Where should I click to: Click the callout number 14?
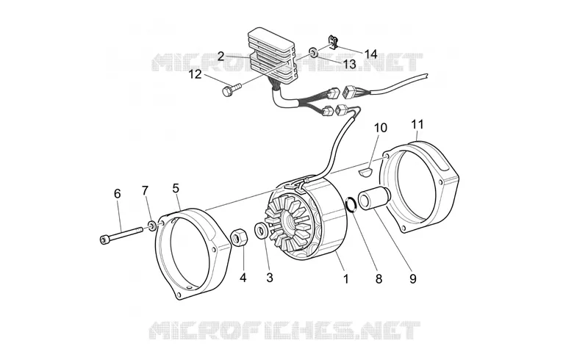(370, 54)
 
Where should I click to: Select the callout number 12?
(195, 74)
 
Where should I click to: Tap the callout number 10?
(380, 128)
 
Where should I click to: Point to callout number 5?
(176, 188)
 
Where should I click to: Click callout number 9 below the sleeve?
(413, 278)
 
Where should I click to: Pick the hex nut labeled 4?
(237, 238)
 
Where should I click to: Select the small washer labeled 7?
(153, 226)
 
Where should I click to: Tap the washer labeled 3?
(261, 231)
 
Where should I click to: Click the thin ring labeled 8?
(351, 205)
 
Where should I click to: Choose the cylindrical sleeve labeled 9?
(374, 198)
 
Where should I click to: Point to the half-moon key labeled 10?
(365, 172)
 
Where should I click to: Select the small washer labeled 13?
(313, 51)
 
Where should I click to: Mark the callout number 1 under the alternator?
(345, 278)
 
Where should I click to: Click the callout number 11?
(417, 124)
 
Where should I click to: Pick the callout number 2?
(221, 57)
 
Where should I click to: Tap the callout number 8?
(379, 278)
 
